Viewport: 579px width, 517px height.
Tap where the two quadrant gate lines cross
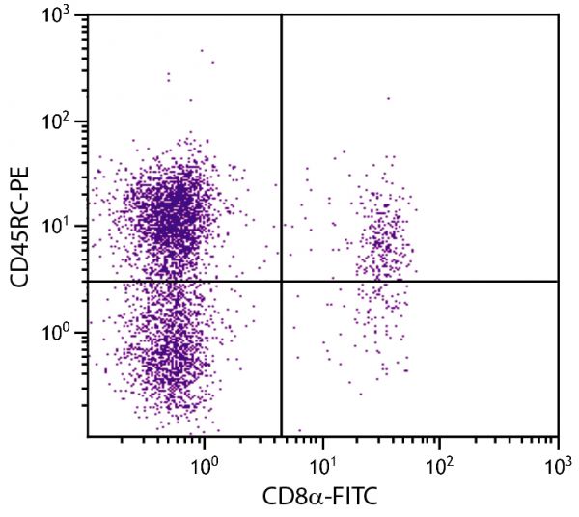pos(281,281)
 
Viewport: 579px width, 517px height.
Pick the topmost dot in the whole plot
pos(202,50)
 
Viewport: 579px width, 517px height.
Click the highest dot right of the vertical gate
pos(389,98)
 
